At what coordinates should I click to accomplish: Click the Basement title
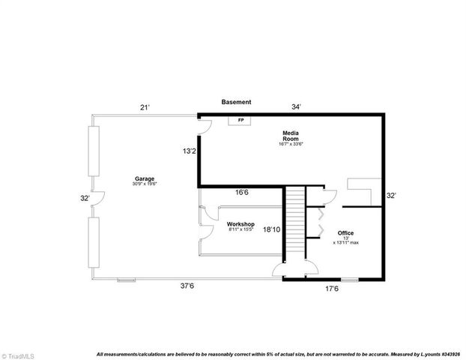[x=236, y=102]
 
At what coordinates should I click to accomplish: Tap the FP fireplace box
[x=240, y=120]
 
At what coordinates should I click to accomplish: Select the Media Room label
[x=291, y=136]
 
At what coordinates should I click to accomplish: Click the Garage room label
[x=144, y=178]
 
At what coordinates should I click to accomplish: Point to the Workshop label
[x=241, y=224]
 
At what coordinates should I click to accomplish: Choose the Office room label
[x=345, y=232]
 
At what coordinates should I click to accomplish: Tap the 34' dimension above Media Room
[x=297, y=107]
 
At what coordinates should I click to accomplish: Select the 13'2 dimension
[x=189, y=151]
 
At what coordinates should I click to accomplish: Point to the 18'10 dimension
[x=272, y=230]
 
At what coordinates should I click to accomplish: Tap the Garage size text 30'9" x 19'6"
[x=144, y=184]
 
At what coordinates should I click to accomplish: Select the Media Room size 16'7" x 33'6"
[x=291, y=144]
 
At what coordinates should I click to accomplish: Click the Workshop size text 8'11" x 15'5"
[x=241, y=229]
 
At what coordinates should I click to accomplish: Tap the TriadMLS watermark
[x=19, y=355]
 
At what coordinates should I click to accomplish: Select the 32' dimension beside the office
[x=390, y=196]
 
